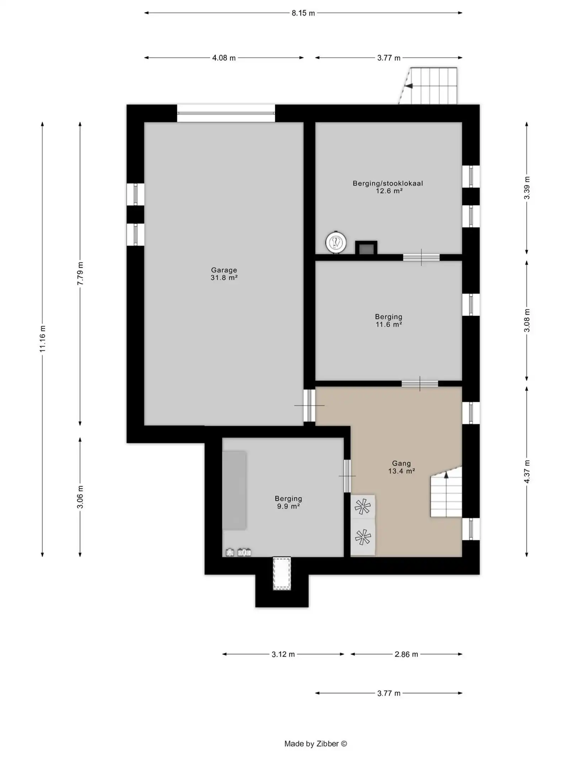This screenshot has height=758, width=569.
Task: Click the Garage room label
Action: click(224, 274)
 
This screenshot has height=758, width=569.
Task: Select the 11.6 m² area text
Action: click(389, 324)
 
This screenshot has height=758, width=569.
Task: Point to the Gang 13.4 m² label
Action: click(402, 467)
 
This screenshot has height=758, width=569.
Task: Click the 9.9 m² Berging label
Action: click(288, 502)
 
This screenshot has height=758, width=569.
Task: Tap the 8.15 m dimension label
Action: click(303, 13)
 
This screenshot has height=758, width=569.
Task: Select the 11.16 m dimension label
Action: click(42, 339)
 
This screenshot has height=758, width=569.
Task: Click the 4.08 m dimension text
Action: click(224, 58)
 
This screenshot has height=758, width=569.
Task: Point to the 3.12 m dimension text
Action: click(283, 654)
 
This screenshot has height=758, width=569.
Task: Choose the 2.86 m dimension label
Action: click(406, 654)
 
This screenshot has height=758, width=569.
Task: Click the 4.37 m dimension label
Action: click(527, 471)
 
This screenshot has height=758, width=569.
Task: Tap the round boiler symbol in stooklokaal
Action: click(336, 243)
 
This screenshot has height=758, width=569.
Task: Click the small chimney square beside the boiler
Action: click(366, 248)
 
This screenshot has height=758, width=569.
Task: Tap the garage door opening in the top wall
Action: click(226, 113)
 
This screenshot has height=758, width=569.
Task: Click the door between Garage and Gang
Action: click(309, 405)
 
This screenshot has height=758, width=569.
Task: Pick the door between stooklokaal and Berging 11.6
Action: click(421, 257)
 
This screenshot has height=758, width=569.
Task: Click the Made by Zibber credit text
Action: click(315, 743)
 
